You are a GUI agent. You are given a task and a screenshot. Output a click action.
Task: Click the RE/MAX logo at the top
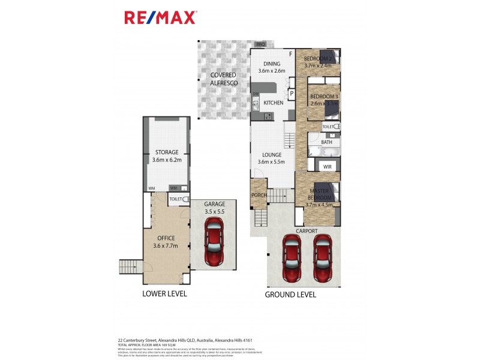[160, 17]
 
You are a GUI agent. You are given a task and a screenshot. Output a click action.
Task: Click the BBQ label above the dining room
[260, 44]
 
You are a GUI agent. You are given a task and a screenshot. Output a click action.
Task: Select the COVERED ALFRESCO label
[223, 79]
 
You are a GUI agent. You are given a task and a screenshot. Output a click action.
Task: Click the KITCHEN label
[273, 103]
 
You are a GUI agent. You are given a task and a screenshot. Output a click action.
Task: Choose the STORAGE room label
[166, 152]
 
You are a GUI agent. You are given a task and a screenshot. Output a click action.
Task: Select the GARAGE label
[214, 204]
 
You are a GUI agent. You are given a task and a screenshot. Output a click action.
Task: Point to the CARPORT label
[306, 230]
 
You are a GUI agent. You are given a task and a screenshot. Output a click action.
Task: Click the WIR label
[328, 166]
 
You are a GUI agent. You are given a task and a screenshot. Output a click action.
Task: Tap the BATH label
[326, 142]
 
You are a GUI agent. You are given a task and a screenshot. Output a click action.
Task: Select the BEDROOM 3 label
[324, 97]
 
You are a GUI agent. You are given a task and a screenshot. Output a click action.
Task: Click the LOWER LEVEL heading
[164, 294]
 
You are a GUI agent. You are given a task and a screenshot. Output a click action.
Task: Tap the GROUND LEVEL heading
[291, 295]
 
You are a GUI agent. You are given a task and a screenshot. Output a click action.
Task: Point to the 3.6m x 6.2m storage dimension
[166, 160]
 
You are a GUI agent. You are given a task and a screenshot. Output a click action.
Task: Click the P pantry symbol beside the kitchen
[292, 94]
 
